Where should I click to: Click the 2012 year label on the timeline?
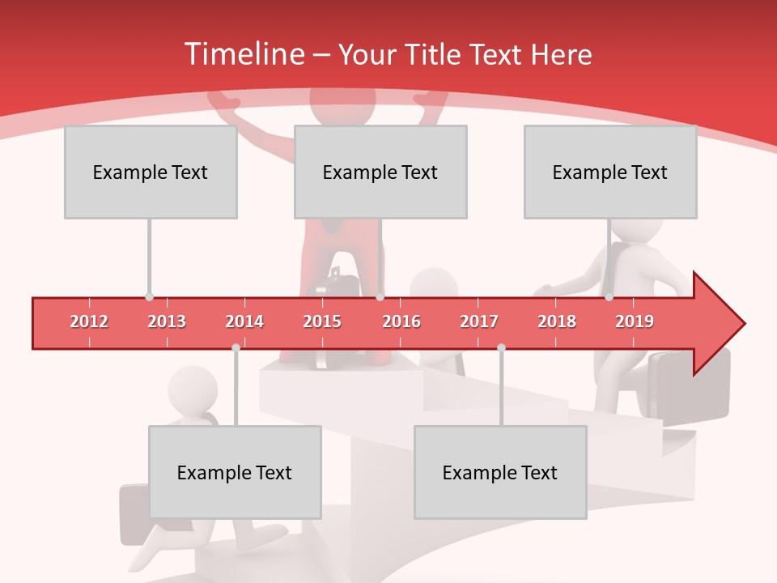89,321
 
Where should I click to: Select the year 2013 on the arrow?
167,321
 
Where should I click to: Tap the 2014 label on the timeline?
244,321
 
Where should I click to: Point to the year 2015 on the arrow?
322,321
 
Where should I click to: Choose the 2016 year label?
401,321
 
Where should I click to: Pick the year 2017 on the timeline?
479,321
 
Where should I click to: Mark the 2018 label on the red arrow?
557,321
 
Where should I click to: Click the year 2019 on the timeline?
635,321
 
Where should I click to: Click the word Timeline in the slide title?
244,54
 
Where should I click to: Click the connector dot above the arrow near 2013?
149,297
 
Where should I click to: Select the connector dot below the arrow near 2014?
236,347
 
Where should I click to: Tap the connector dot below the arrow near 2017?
501,347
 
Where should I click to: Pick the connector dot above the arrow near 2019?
609,297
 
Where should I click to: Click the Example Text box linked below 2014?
235,472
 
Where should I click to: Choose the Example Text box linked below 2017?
500,472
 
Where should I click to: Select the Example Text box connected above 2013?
151,172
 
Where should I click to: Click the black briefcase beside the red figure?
340,285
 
